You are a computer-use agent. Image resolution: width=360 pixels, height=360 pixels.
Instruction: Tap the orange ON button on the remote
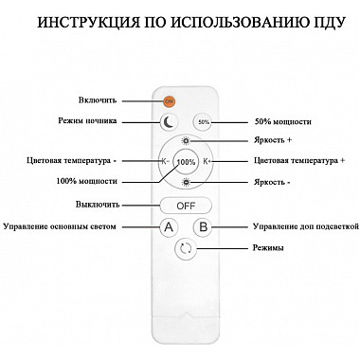click(169, 99)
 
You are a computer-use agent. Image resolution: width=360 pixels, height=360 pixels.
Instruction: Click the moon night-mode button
click(169, 121)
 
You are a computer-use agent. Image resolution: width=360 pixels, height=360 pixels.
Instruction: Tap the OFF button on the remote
click(186, 205)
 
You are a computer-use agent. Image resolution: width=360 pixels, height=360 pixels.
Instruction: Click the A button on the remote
click(169, 227)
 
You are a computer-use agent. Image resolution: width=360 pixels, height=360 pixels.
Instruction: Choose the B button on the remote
click(203, 227)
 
